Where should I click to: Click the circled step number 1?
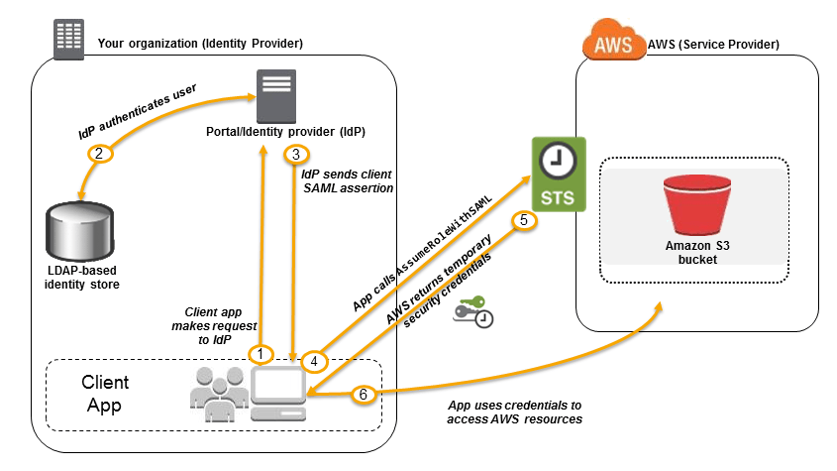(x=262, y=353)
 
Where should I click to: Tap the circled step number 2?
(x=98, y=154)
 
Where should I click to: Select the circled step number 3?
(x=296, y=155)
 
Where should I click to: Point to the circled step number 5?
(x=525, y=220)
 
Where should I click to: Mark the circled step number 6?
(x=363, y=394)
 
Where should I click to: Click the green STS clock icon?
(x=560, y=174)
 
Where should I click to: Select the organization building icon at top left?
(x=68, y=40)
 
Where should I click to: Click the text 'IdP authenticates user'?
(x=139, y=112)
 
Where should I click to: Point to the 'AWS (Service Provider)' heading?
(x=713, y=45)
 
